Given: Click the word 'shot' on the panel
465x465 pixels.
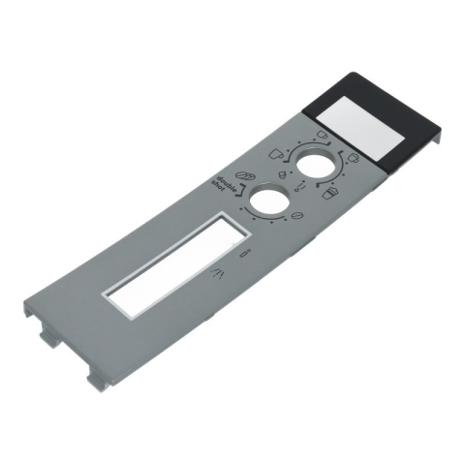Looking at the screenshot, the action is click(219, 187).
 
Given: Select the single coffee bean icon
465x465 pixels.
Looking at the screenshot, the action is click(296, 216).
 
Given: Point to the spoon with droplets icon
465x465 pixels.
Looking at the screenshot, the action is click(300, 186).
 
